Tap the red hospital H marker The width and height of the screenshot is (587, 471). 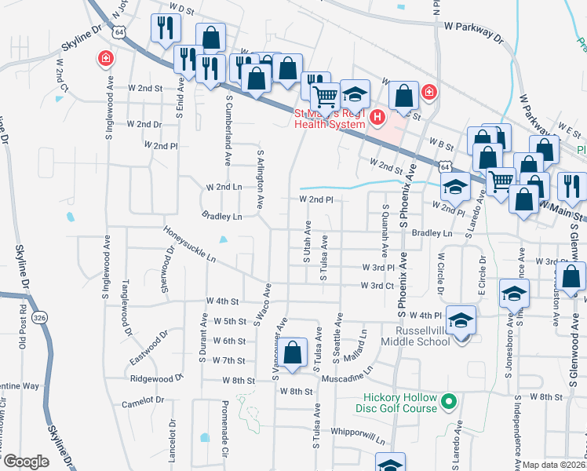(377, 119)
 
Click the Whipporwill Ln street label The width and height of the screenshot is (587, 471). (358, 436)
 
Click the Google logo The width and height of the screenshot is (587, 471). (26, 461)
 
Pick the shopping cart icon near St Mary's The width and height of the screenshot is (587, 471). (324, 97)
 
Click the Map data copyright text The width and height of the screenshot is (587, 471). (554, 465)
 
